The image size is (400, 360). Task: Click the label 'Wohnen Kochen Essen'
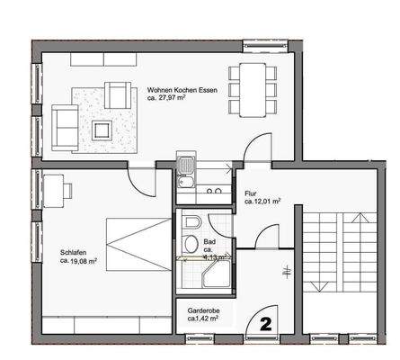pos(183,90)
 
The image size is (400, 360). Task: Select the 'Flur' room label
pos(252,193)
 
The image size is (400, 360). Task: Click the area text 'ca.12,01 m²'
pos(264,202)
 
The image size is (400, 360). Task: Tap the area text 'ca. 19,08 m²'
pos(79,262)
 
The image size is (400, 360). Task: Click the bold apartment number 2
pos(266,320)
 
